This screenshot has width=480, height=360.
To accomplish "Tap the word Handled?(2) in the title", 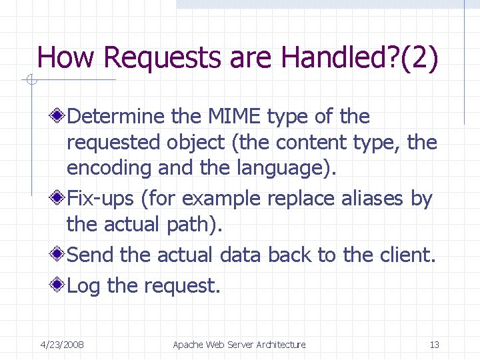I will tap(360, 58).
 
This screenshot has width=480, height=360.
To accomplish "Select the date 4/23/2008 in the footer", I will tap(62, 345).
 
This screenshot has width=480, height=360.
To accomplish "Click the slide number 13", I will tap(434, 345).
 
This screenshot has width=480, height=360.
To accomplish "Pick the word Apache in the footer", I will tap(189, 345).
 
